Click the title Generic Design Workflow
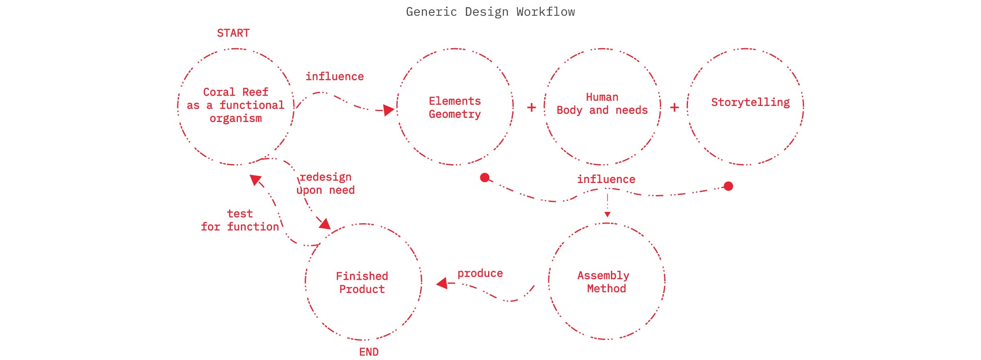[x=490, y=12]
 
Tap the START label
[x=233, y=33]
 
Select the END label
[x=368, y=352]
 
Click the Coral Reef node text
[x=236, y=105]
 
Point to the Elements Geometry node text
[x=454, y=108]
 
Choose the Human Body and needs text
[x=602, y=104]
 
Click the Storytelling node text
[x=750, y=102]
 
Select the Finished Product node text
[x=362, y=283]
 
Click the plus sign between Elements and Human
[x=531, y=108]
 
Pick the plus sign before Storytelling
[x=674, y=108]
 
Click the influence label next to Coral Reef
[x=334, y=77]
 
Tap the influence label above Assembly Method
[x=606, y=179]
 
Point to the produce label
[x=480, y=273]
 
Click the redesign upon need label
[x=326, y=183]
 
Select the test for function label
[x=240, y=220]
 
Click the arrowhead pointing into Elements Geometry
[x=388, y=110]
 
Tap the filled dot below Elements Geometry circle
[x=485, y=177]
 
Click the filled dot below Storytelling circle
[x=729, y=186]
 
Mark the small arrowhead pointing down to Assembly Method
[x=607, y=215]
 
